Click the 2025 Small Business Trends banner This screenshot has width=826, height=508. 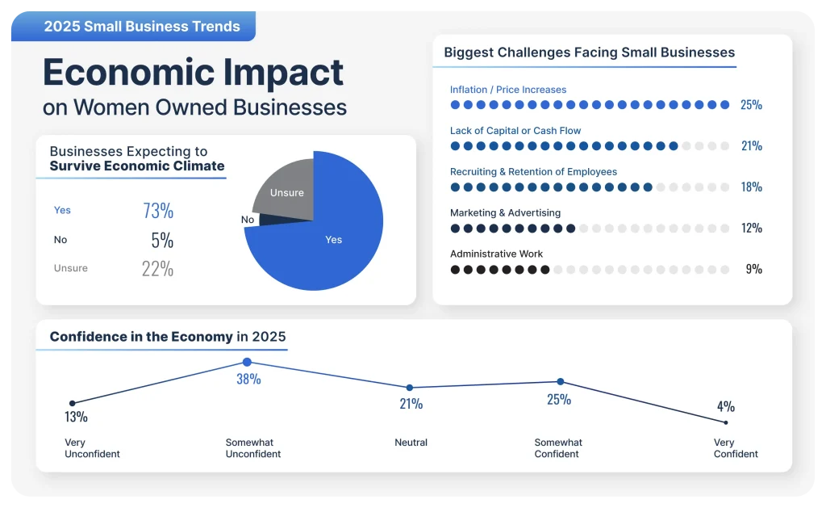(x=142, y=27)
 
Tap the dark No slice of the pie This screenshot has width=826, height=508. (x=252, y=219)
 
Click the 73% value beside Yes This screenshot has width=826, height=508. (x=158, y=211)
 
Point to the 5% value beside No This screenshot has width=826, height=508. (x=161, y=240)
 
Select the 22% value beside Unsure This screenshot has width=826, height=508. (x=157, y=269)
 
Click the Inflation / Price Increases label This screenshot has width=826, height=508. (x=508, y=90)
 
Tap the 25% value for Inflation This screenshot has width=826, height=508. (x=751, y=105)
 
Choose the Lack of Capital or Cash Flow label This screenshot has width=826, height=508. (x=515, y=131)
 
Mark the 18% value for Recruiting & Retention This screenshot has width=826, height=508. (x=751, y=187)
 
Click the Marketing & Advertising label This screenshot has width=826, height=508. (x=505, y=213)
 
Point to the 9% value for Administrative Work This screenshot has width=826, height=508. (x=753, y=269)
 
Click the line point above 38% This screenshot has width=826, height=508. (x=247, y=363)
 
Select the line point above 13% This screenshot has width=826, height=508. (x=73, y=403)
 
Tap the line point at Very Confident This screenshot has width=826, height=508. (x=725, y=422)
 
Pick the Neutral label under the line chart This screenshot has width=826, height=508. (x=411, y=443)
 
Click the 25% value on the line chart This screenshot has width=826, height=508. (x=558, y=399)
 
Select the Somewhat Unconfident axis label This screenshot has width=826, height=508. (x=253, y=448)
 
